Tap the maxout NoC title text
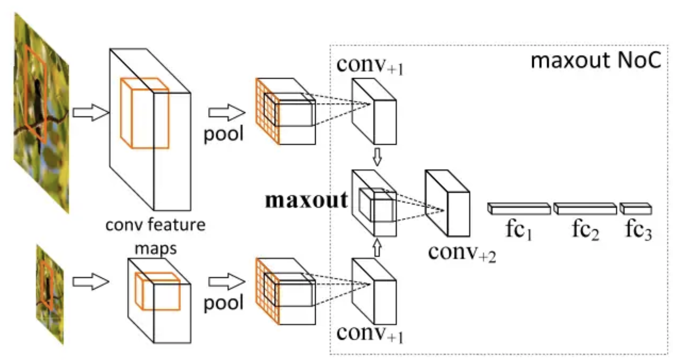pos(596,61)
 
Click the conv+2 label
pos(462,252)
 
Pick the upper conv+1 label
pos(370,67)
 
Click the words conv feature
pos(156,225)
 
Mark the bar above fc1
pos(519,208)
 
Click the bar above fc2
pos(585,208)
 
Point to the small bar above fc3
pos(636,208)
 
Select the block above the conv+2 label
pos(447,203)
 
